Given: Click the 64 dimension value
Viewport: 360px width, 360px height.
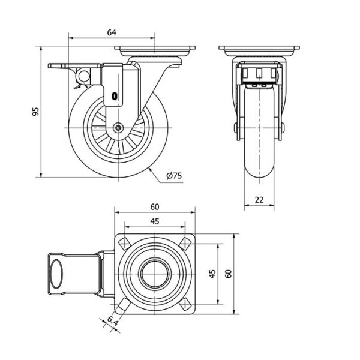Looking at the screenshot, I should coord(112,32).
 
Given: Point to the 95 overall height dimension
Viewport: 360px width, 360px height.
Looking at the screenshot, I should coord(35,112).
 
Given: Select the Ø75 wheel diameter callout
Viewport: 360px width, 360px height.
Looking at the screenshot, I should coord(174,176).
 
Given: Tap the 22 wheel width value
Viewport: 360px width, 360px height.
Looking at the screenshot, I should coord(259,200).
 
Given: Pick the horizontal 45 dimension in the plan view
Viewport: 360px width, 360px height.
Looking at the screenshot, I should coord(155,221).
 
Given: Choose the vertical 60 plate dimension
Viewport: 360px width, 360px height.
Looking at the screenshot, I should coord(229,274).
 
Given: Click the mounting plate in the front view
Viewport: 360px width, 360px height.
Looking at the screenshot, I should coord(259,50).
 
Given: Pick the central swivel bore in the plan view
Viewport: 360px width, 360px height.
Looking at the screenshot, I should coord(155,274).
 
